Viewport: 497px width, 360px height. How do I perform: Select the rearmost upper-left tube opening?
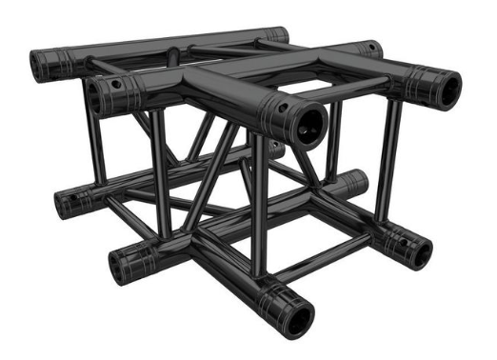[44, 65]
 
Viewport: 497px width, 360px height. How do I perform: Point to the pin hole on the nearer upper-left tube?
[116, 84]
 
